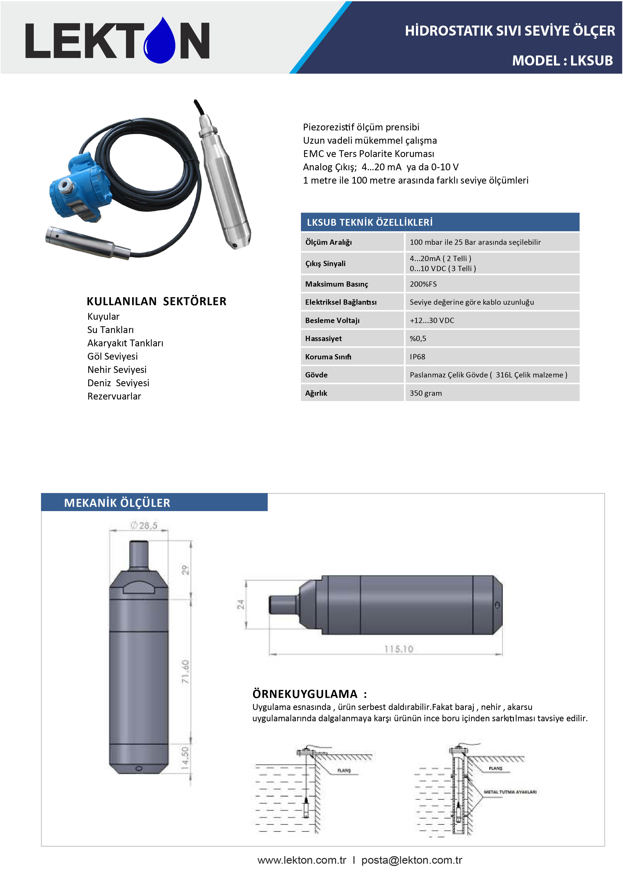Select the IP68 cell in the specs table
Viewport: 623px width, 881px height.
pos(417,356)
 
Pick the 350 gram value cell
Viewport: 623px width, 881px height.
pos(425,393)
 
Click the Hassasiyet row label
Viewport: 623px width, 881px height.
pos(323,339)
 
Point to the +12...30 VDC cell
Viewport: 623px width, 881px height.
pos(432,321)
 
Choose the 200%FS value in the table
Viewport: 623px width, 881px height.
pos(423,284)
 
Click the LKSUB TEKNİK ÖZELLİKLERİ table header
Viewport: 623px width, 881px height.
pos(369,222)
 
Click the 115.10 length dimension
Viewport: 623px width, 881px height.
pos(399,649)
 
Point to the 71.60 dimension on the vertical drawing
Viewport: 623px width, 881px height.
pos(185,672)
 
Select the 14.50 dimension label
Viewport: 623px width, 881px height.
pos(185,758)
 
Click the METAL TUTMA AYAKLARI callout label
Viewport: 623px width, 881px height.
pos(510,791)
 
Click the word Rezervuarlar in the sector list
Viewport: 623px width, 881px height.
pos(114,396)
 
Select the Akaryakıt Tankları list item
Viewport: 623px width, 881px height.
pos(125,343)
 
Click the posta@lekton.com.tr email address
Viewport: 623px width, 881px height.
pos(411,860)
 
